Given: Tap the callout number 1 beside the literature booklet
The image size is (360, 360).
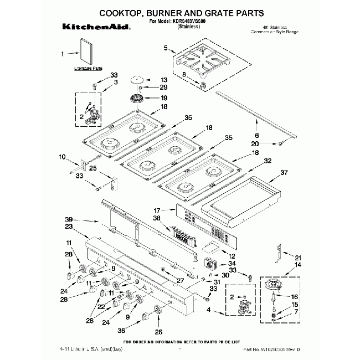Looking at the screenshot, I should [x=63, y=54].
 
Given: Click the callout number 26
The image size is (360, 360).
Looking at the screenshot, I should [x=159, y=332].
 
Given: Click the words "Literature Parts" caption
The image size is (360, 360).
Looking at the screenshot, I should [x=89, y=69].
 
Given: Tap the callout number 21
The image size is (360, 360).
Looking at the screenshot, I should [x=297, y=258].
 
